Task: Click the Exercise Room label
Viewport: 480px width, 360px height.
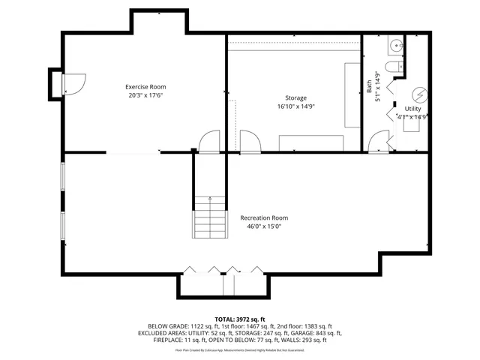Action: tap(145, 87)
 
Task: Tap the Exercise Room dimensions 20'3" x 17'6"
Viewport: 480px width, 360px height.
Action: tap(145, 96)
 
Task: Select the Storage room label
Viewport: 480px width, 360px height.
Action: tap(295, 98)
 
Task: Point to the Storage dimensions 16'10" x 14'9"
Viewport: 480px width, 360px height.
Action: tap(295, 107)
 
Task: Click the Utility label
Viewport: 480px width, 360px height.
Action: tap(413, 109)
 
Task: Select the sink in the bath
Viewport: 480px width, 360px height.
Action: tap(396, 46)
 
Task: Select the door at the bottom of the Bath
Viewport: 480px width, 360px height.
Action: tap(378, 141)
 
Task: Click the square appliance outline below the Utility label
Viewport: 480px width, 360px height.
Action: tap(411, 125)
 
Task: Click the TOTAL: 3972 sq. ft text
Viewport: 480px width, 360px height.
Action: tap(239, 319)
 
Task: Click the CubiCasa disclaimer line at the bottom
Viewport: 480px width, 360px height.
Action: tap(239, 349)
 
